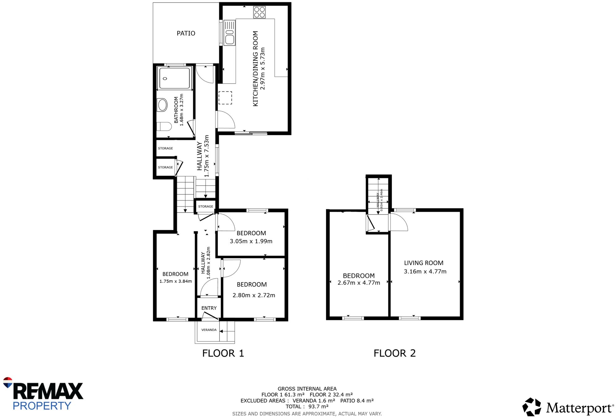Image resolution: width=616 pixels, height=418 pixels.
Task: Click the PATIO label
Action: (186, 33)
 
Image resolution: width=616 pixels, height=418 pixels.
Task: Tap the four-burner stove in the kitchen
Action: (259, 12)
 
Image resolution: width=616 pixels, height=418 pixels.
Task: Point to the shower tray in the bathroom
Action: (174, 78)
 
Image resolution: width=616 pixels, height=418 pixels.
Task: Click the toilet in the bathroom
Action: (164, 126)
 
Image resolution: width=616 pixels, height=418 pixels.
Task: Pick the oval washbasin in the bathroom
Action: (162, 105)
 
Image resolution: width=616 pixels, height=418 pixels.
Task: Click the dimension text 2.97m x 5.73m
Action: (262, 69)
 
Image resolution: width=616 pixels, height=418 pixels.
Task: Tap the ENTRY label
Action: (209, 308)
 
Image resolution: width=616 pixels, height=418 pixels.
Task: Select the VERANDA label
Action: (209, 330)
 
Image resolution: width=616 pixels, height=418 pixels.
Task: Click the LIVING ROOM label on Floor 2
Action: (424, 263)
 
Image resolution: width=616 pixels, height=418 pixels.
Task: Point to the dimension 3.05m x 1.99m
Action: (251, 241)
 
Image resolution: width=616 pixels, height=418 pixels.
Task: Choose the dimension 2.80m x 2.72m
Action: (254, 295)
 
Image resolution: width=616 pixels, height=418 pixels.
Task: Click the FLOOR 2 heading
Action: (395, 353)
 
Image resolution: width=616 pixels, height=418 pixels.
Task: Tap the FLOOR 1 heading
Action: (223, 353)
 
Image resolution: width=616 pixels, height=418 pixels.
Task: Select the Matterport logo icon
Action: (531, 407)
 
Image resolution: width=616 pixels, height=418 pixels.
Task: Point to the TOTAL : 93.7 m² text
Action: (307, 406)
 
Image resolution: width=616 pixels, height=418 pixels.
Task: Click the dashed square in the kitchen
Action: (225, 98)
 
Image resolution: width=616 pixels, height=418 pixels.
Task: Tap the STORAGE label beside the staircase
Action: (206, 206)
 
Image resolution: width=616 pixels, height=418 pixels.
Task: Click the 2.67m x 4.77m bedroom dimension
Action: (359, 283)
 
